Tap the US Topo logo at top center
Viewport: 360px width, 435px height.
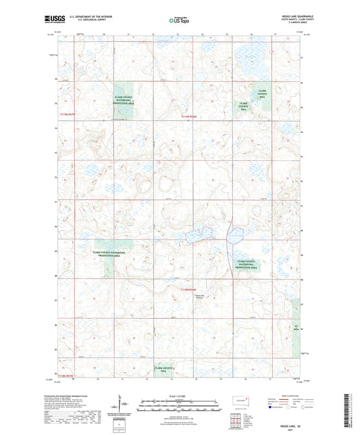tap(180, 20)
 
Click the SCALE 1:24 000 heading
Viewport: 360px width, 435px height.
tap(180, 395)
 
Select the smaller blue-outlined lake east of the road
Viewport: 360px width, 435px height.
tap(234, 236)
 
